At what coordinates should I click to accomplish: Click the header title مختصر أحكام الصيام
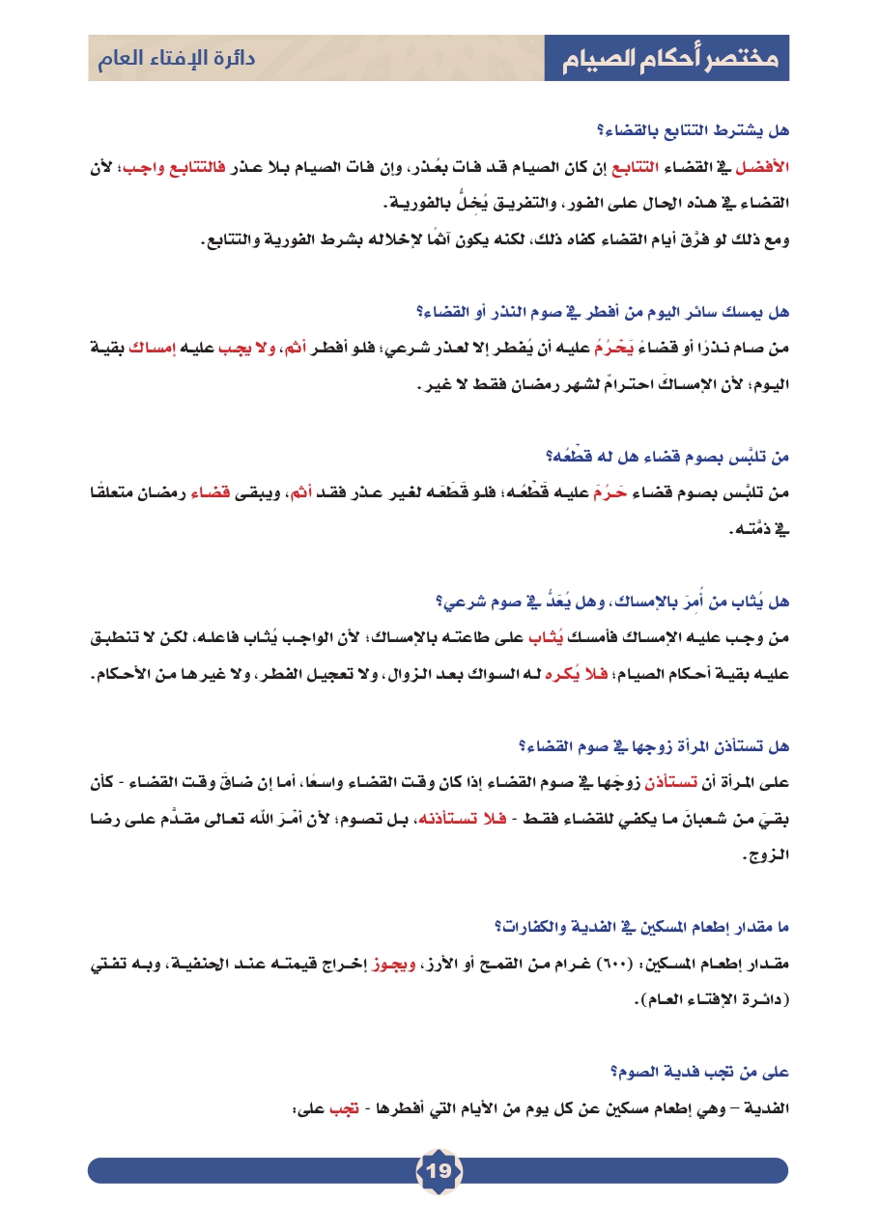pos(667,60)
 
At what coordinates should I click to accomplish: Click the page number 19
pos(439,1171)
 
